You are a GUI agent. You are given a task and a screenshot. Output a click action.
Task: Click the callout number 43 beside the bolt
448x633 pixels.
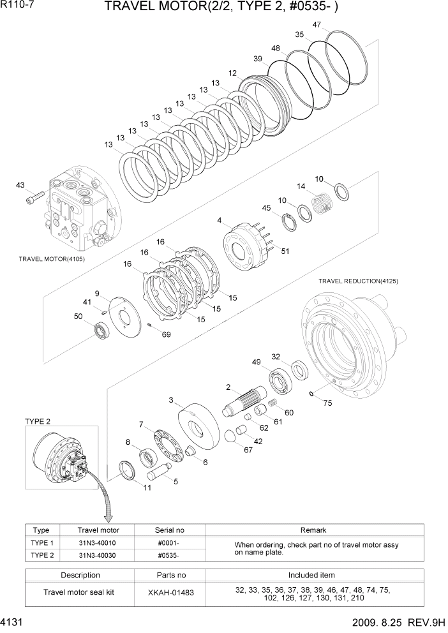tap(20, 185)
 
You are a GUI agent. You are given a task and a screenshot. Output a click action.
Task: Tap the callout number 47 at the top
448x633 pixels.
tap(317, 25)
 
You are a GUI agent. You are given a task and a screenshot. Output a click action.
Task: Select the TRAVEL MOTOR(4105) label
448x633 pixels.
tap(52, 260)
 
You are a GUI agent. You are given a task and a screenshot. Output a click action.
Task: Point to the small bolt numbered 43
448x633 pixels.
tap(34, 199)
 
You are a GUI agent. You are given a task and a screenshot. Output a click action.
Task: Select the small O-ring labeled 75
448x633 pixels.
tap(310, 394)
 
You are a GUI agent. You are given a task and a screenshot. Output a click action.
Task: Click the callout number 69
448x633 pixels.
tap(167, 334)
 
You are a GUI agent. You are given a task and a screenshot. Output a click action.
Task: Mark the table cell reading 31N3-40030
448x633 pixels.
tap(97, 555)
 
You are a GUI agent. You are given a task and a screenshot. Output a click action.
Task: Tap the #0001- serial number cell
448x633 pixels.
tap(168, 542)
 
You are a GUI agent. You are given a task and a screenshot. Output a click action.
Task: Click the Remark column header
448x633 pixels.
tap(313, 530)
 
